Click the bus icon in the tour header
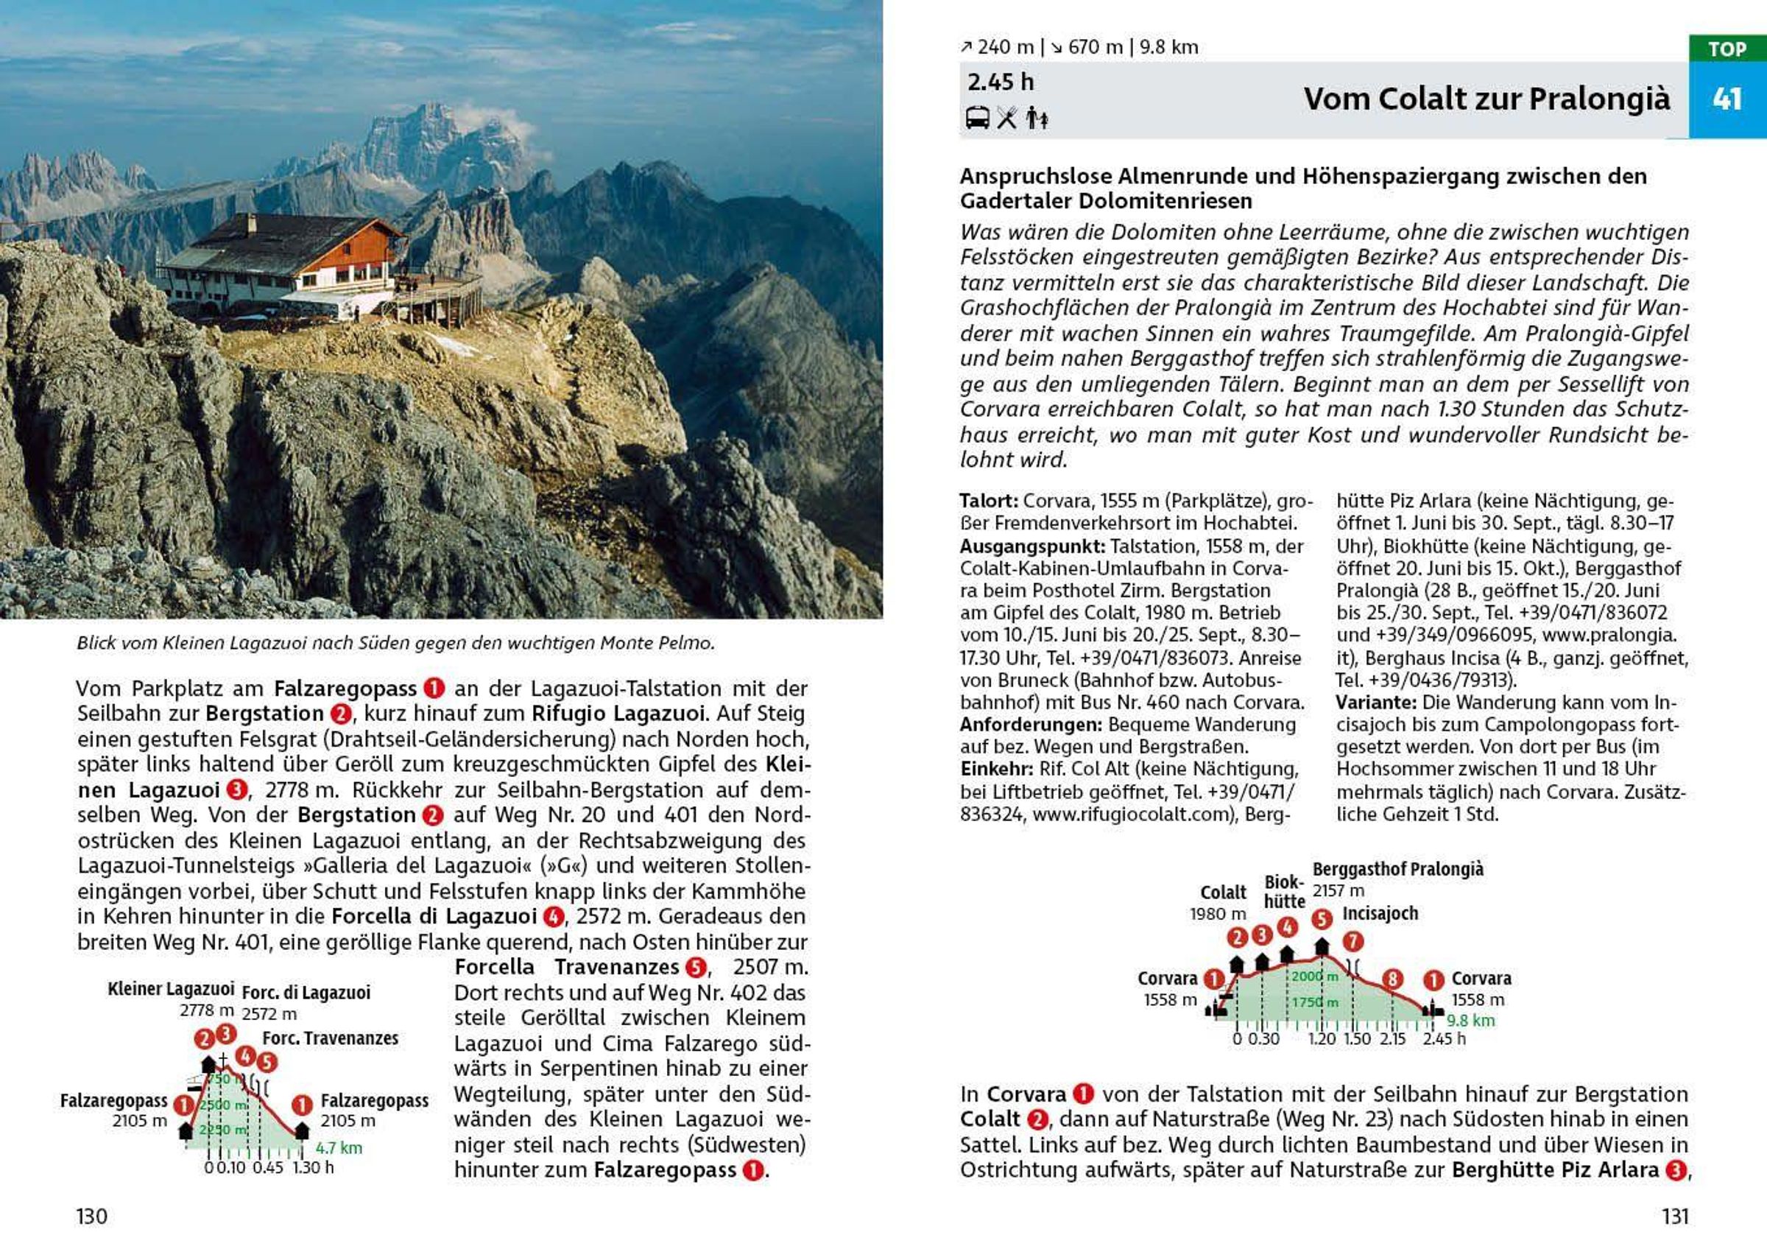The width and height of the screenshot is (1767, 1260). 976,118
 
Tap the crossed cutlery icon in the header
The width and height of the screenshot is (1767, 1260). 1007,118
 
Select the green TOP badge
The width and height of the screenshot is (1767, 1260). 1727,49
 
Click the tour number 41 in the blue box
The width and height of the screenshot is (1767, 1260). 1727,99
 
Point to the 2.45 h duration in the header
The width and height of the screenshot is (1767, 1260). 1000,82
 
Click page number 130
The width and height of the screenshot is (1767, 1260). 91,1216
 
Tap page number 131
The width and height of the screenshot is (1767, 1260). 1675,1216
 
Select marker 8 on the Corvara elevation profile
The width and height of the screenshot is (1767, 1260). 1392,979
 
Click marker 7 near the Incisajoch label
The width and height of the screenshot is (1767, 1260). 1352,942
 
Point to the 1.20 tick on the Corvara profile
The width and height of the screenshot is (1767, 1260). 1322,1039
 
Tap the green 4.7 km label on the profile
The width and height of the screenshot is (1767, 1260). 339,1147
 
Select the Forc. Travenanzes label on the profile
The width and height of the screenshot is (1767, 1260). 330,1038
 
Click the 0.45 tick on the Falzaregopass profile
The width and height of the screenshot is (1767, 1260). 267,1168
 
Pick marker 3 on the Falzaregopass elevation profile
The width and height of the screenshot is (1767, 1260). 226,1033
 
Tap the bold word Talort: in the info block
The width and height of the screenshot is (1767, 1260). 987,501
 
